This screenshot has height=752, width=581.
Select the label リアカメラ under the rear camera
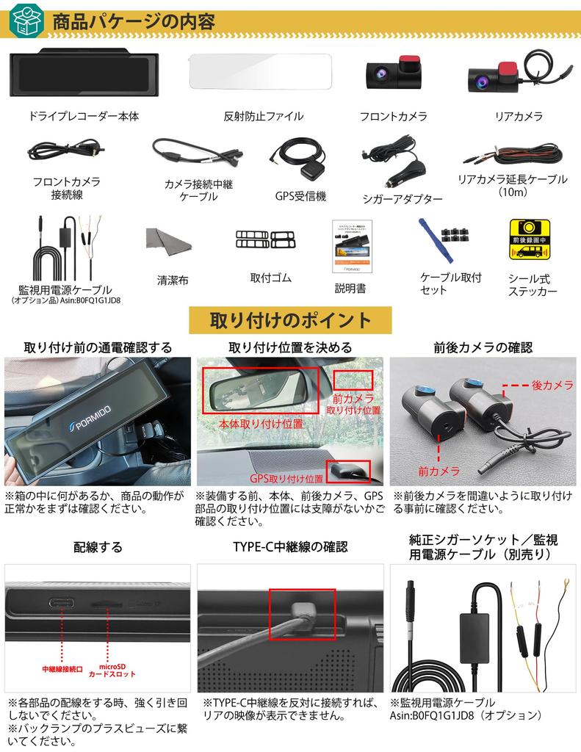point(519,116)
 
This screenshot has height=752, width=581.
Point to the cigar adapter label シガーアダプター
point(403,199)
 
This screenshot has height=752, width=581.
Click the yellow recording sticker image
point(530,239)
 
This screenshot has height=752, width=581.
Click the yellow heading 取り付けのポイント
point(290,321)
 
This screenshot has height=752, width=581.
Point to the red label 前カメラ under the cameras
point(439,471)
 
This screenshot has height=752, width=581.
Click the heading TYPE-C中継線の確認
point(290,547)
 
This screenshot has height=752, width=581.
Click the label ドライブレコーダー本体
point(83,116)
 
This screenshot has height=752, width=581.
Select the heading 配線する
point(98,547)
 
